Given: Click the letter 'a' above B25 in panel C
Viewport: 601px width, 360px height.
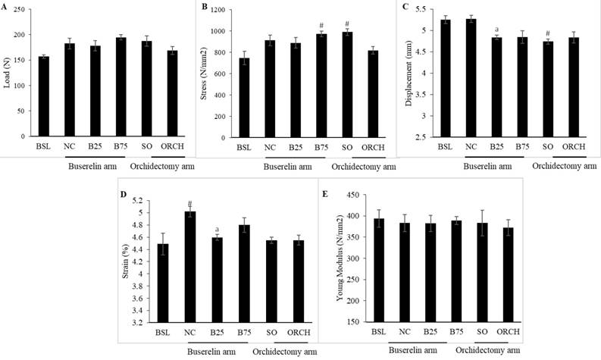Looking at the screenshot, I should (496, 31).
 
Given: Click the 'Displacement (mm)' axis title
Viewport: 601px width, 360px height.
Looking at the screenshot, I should (410, 75).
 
